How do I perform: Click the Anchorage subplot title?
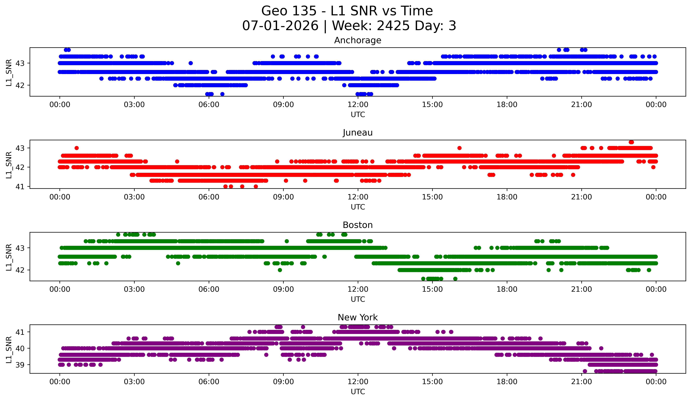(x=358, y=40)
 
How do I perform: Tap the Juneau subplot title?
(x=358, y=133)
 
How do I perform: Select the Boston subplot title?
(x=358, y=225)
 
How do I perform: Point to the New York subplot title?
(x=358, y=317)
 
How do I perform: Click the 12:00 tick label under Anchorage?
(x=358, y=104)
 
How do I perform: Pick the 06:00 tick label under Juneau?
(x=209, y=197)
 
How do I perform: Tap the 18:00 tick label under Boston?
(x=507, y=289)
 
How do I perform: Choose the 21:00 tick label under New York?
(x=581, y=382)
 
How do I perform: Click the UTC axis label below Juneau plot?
(x=358, y=207)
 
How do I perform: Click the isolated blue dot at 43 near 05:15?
(x=191, y=63)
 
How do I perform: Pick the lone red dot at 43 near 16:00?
(x=459, y=148)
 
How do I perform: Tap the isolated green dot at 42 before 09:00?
(x=280, y=270)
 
